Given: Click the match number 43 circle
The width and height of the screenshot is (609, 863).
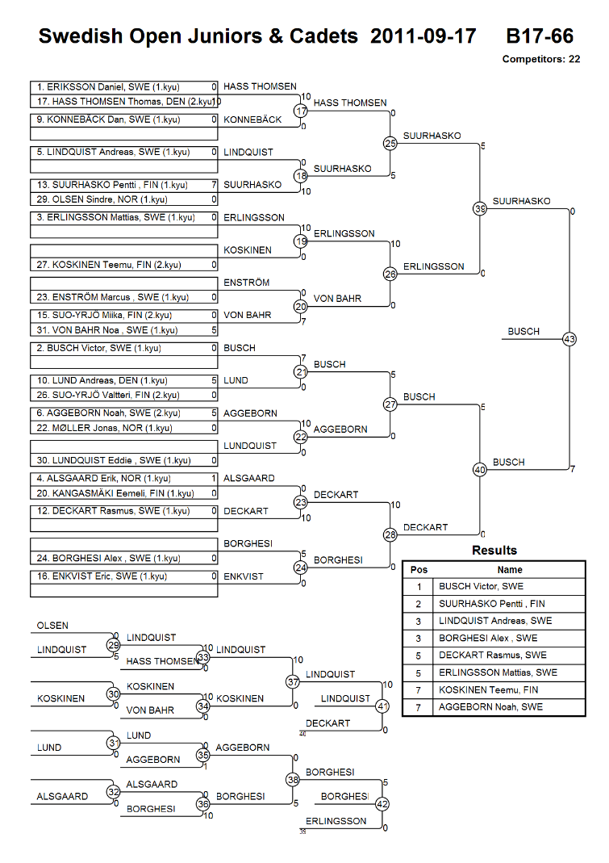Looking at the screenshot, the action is tap(569, 339).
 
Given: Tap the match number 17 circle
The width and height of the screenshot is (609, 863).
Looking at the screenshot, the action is tap(300, 111).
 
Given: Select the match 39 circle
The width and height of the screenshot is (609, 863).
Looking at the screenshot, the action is tap(480, 208).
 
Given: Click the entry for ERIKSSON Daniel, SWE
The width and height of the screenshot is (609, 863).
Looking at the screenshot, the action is tap(108, 87).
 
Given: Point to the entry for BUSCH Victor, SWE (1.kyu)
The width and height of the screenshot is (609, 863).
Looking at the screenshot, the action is tap(98, 349).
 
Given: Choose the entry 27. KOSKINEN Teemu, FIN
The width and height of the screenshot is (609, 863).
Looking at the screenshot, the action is tap(108, 265).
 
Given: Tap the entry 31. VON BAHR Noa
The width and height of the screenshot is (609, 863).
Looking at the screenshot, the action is tap(106, 330).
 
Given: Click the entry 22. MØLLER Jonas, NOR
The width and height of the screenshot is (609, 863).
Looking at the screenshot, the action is tap(104, 428).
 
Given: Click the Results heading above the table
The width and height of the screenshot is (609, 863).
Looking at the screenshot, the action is tap(494, 551).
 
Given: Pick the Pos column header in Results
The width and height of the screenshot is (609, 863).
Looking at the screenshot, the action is tap(419, 570).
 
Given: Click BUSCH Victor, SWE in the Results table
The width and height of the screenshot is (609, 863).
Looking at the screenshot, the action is tap(481, 587).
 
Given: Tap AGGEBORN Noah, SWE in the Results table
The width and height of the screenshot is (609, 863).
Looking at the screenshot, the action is tap(490, 707).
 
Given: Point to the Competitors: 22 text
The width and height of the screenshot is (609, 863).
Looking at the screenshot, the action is tap(540, 60).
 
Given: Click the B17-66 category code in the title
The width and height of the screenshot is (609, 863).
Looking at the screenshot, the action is tap(540, 36).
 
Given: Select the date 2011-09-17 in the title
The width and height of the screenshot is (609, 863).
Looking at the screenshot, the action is tap(423, 36).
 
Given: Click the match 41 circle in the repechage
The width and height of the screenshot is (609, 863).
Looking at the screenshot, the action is tap(382, 706).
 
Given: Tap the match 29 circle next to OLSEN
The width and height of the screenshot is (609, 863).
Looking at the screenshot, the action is tap(113, 645).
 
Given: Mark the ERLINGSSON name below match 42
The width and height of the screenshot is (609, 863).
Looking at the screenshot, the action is tap(336, 821).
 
